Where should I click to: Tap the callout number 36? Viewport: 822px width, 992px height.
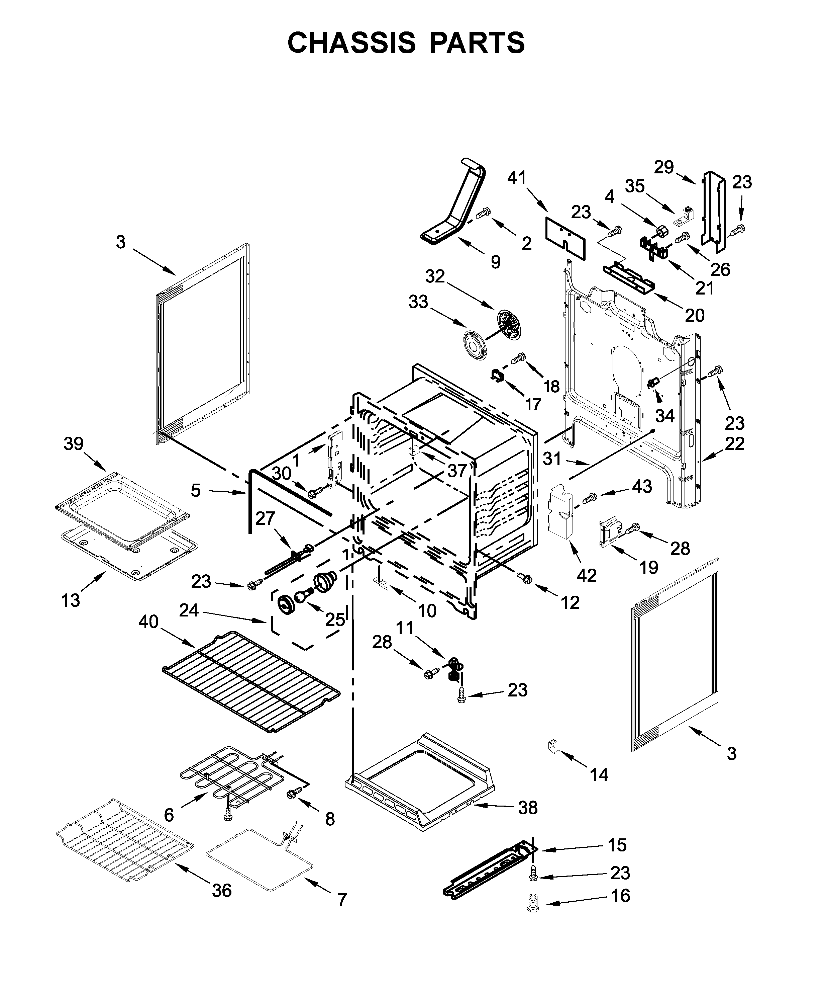(221, 891)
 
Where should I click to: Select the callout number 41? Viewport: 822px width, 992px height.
(517, 178)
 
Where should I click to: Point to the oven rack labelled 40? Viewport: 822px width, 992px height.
(250, 680)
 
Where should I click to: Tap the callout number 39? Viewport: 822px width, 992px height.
(73, 444)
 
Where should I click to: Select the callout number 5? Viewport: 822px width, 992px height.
(195, 490)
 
